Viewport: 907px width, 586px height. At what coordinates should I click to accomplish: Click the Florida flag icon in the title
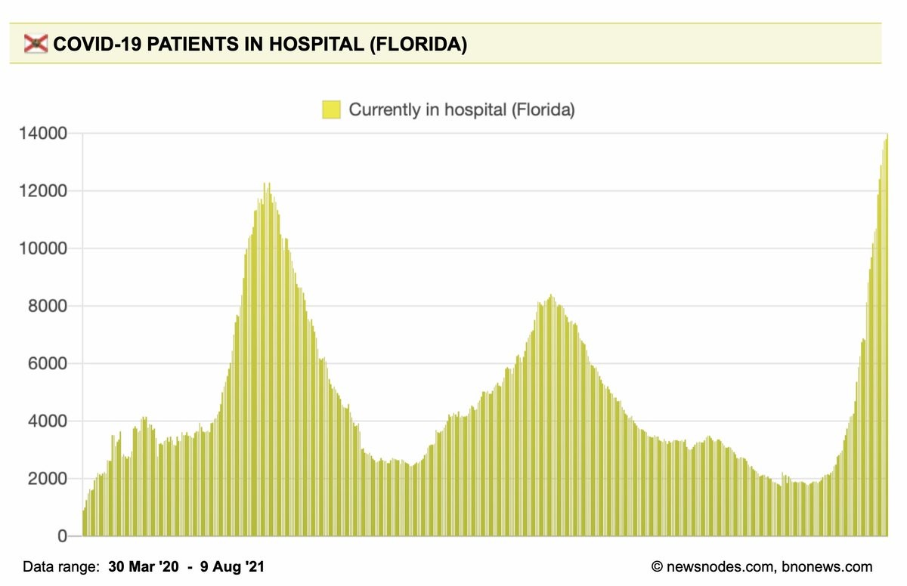coord(35,45)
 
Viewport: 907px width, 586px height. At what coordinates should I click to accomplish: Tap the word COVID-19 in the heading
coord(94,45)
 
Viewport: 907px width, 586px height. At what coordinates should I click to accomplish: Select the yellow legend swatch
coord(331,109)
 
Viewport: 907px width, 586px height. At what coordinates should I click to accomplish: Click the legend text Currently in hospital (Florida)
coord(462,109)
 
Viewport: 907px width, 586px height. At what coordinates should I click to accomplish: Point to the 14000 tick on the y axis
coord(42,134)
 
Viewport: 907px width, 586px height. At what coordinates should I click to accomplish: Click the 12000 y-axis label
coord(42,191)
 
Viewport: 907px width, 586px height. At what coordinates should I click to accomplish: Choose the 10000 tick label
coord(42,248)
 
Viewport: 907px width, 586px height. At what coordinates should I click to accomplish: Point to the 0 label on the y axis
coord(63,536)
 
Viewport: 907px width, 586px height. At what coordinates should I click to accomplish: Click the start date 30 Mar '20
coord(144,566)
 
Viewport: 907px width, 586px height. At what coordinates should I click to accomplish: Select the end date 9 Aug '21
coord(231,566)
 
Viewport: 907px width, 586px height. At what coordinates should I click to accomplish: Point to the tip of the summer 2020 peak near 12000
coord(267,184)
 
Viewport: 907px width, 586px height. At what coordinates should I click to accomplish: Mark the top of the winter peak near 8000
coord(550,295)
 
